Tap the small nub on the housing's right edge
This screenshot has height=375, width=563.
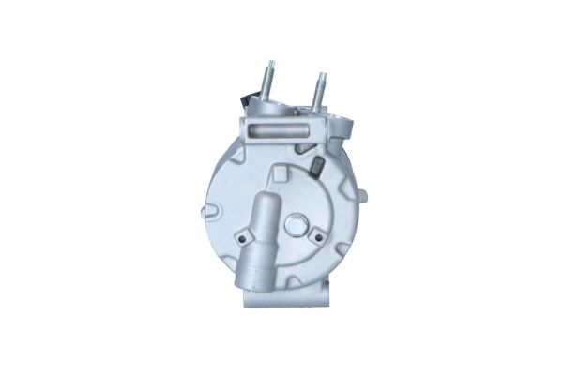pos(362,196)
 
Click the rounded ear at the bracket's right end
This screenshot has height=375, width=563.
pos(344,125)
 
